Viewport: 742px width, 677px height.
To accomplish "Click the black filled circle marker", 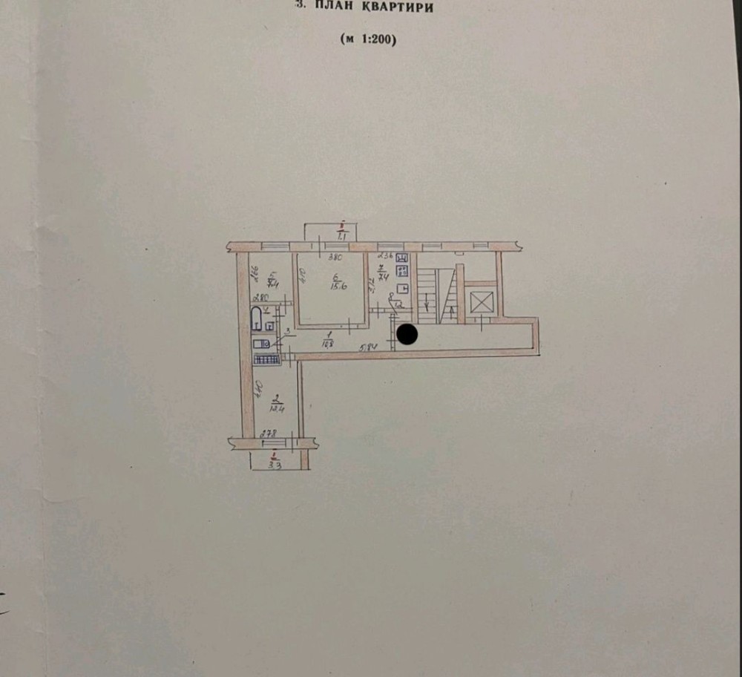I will [x=407, y=335].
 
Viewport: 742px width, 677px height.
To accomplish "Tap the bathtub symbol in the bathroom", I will [x=256, y=321].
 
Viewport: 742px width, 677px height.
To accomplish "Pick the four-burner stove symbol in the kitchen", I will [x=404, y=270].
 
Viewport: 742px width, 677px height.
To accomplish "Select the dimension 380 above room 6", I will [x=335, y=258].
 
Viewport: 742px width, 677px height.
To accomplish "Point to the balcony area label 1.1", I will [x=342, y=236].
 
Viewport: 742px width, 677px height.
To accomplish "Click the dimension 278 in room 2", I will [x=269, y=433].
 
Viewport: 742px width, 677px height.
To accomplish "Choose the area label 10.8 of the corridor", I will [x=326, y=344].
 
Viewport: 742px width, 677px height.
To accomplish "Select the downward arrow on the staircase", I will [x=427, y=301].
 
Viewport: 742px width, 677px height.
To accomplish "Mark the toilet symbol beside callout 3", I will [x=260, y=344].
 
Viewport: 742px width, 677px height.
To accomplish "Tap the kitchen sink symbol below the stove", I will [x=404, y=289].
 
